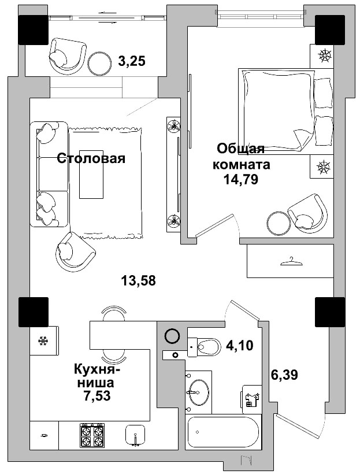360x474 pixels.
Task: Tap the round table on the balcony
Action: pos(100,62)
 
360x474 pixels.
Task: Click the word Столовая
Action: pos(91,158)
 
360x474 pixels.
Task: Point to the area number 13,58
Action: pos(139,281)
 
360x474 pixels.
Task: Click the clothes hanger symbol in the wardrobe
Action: pos(291,262)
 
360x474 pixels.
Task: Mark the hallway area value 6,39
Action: pos(284,375)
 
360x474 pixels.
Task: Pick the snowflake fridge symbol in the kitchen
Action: pos(42,340)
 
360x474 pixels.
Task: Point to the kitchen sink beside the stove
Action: pos(136,435)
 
